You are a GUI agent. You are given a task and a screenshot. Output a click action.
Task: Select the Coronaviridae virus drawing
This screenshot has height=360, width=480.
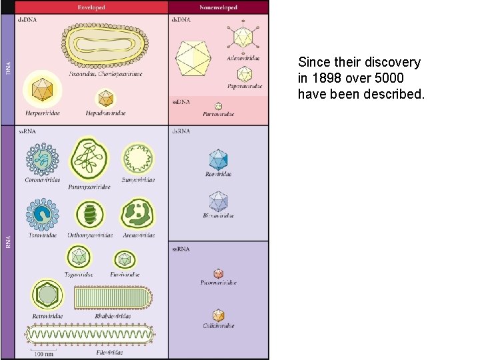click(x=42, y=159)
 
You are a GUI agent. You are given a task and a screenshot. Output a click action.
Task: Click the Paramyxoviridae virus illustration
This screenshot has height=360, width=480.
click(x=90, y=159)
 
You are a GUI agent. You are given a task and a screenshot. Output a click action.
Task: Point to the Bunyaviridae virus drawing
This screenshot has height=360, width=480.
click(x=139, y=159)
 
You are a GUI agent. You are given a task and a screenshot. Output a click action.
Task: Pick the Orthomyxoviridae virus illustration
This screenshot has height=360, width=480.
click(x=90, y=214)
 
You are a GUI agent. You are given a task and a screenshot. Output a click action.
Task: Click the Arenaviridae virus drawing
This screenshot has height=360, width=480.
click(x=138, y=214)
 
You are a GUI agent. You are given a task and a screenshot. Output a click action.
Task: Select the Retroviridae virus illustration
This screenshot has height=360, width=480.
click(x=47, y=294)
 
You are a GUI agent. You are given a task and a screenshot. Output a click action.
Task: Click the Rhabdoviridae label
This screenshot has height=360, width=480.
click(x=113, y=316)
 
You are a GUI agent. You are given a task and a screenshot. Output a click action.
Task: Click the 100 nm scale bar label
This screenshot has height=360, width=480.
click(x=45, y=353)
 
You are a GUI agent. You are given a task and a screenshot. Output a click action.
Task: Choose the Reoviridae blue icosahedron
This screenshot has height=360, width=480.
click(x=218, y=159)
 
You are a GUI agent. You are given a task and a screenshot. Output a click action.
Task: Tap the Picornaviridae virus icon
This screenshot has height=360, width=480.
click(x=218, y=273)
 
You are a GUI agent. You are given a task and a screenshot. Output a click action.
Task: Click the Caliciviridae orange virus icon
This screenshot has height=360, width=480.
click(x=218, y=315)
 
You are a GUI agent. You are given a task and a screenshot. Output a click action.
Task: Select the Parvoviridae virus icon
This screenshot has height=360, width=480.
click(x=218, y=106)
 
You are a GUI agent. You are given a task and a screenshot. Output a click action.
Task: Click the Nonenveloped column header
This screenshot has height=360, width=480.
click(x=218, y=7)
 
